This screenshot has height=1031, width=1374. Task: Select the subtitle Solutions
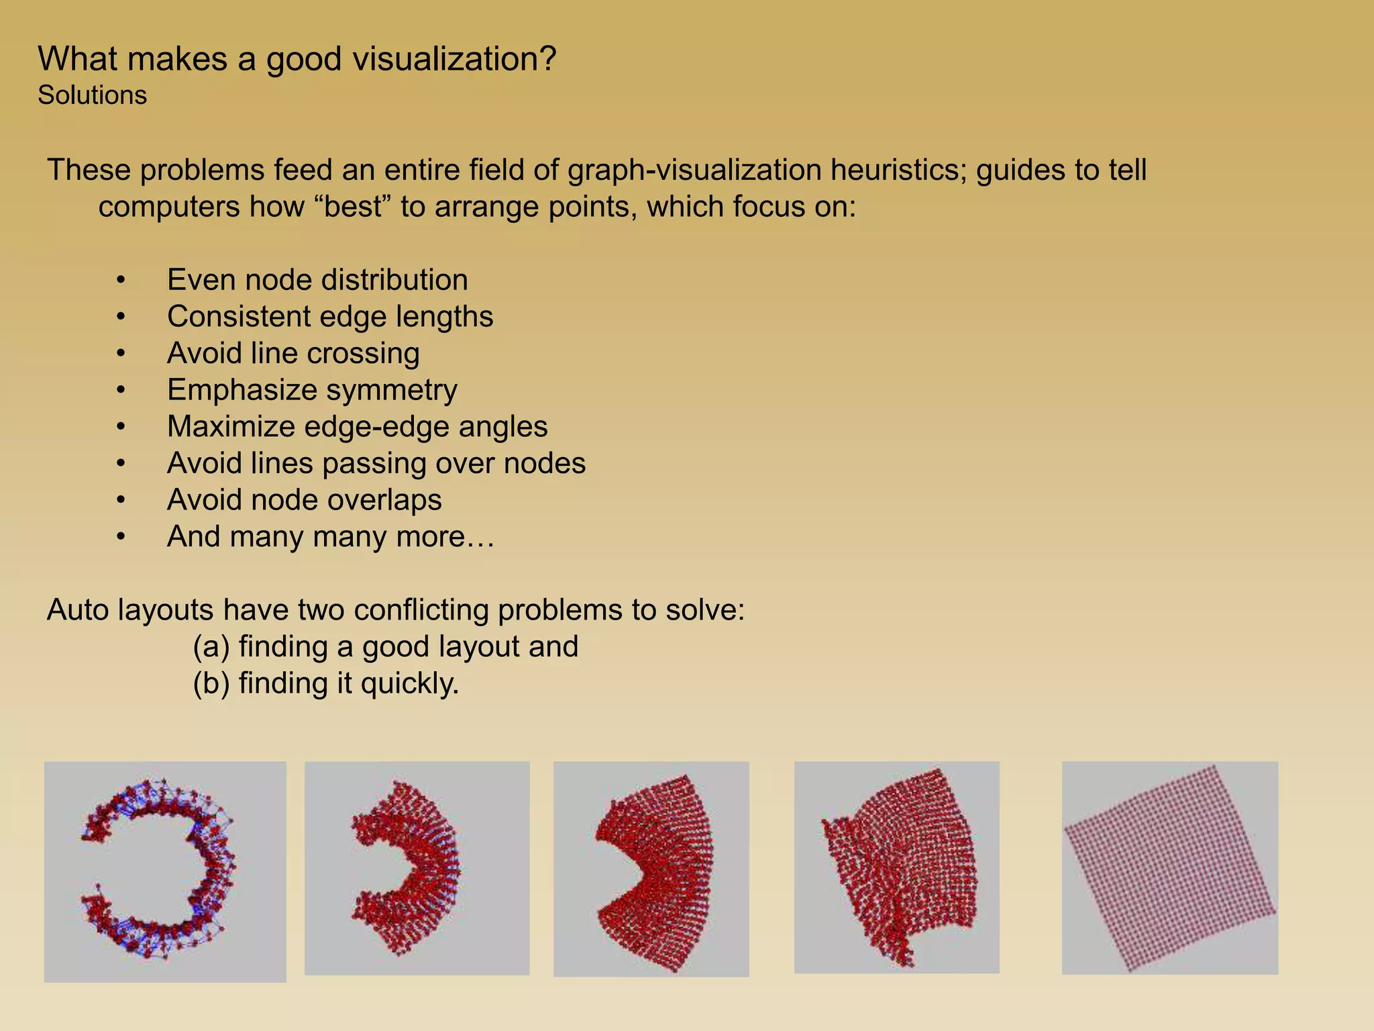(x=92, y=95)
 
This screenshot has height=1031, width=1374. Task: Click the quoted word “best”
(x=352, y=207)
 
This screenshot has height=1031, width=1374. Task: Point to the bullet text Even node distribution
(x=317, y=280)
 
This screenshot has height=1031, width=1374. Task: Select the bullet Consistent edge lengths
(x=329, y=317)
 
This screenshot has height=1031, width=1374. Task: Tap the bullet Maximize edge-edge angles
(x=357, y=427)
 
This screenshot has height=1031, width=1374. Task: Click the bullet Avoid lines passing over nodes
(x=376, y=464)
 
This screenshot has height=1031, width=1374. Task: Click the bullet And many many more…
(x=330, y=537)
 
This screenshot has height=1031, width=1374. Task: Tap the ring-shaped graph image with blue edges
(x=165, y=871)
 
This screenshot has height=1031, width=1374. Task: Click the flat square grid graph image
(x=1169, y=867)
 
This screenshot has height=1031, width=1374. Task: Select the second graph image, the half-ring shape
(x=417, y=867)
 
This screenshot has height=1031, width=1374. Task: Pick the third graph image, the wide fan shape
(x=651, y=869)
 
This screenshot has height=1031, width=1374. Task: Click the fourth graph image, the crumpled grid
(x=896, y=867)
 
